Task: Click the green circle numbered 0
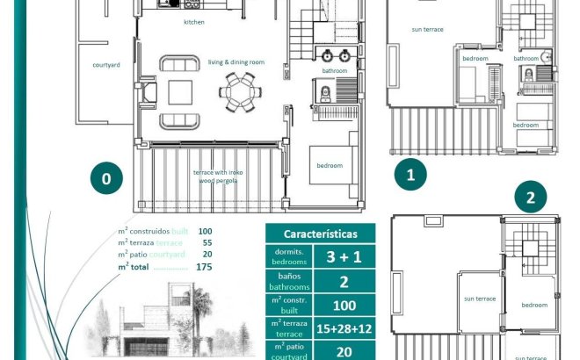click(106, 178)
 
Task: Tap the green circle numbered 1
click(410, 175)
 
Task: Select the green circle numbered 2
click(530, 198)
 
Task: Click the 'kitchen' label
click(195, 22)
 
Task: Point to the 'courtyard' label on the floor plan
click(106, 65)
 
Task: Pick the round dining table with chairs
click(239, 91)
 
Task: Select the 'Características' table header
click(320, 234)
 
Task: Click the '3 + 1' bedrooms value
click(344, 257)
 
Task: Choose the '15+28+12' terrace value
click(344, 329)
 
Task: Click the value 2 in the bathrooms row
click(344, 282)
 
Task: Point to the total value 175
click(204, 266)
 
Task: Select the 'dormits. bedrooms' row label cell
click(289, 257)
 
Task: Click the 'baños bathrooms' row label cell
click(289, 282)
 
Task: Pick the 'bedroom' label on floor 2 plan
click(534, 305)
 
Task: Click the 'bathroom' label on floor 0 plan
click(334, 70)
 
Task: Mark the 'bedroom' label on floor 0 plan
click(330, 165)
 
